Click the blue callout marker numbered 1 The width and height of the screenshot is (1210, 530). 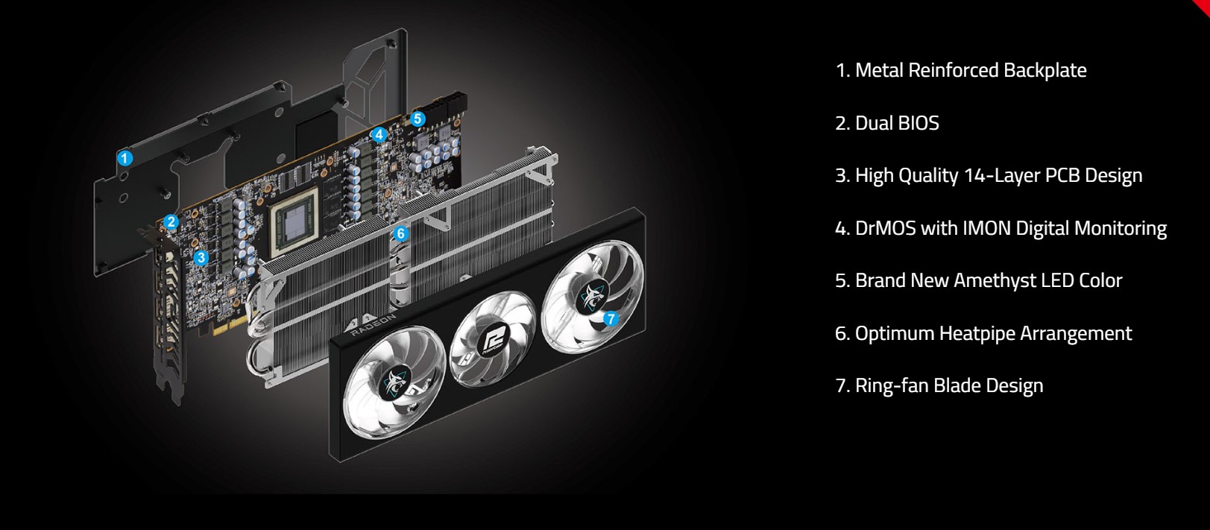(x=125, y=158)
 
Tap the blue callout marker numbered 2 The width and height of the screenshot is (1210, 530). (x=171, y=221)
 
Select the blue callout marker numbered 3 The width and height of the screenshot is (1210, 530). (x=201, y=258)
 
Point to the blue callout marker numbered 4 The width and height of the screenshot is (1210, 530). (x=379, y=135)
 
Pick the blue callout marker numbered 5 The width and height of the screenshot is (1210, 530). (x=417, y=119)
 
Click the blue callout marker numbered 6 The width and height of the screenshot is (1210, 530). (x=400, y=233)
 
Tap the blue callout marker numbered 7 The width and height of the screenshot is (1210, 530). (x=611, y=319)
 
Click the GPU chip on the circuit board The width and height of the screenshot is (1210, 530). (x=297, y=216)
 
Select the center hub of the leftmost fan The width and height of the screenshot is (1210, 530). (x=394, y=385)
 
